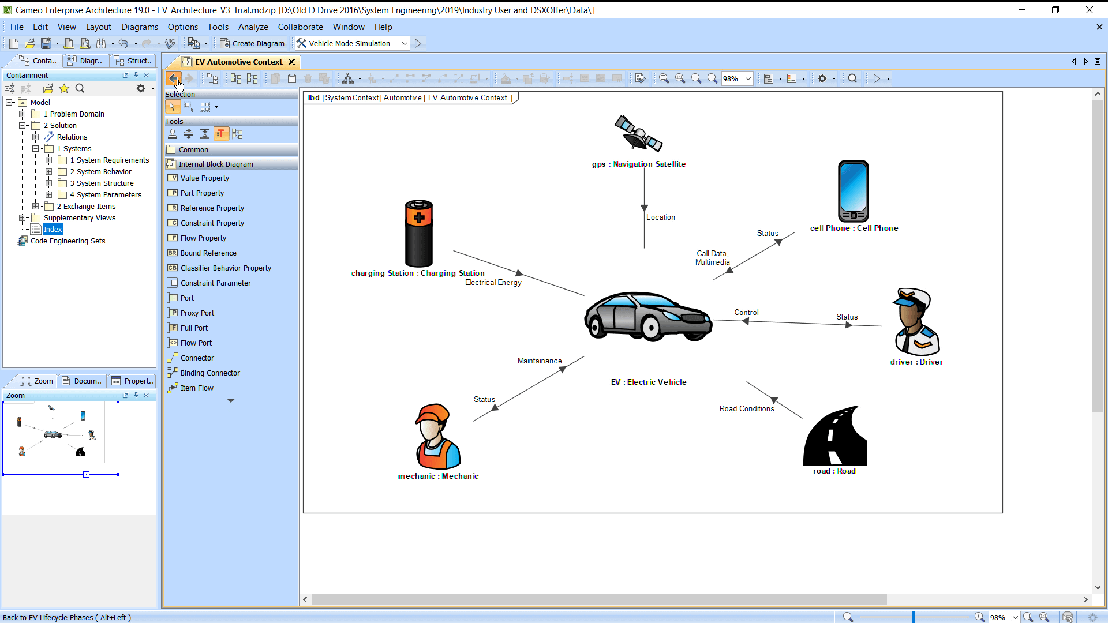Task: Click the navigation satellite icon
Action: point(638,133)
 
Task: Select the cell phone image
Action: point(854,191)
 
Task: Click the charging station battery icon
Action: point(419,233)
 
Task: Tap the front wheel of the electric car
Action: point(651,327)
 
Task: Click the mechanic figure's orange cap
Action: point(432,414)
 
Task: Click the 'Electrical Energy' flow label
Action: point(493,283)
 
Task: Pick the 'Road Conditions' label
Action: point(747,409)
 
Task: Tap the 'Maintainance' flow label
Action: point(540,361)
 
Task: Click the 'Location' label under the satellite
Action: point(661,217)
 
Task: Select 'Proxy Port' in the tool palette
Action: point(197,313)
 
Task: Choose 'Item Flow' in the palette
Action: point(197,388)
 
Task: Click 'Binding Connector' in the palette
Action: point(210,373)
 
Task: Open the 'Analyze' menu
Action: point(253,27)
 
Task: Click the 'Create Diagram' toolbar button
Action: point(252,44)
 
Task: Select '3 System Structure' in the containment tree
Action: point(102,183)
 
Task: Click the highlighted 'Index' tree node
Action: point(53,230)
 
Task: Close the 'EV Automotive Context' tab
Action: point(292,62)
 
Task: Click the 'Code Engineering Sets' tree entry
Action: point(68,241)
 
